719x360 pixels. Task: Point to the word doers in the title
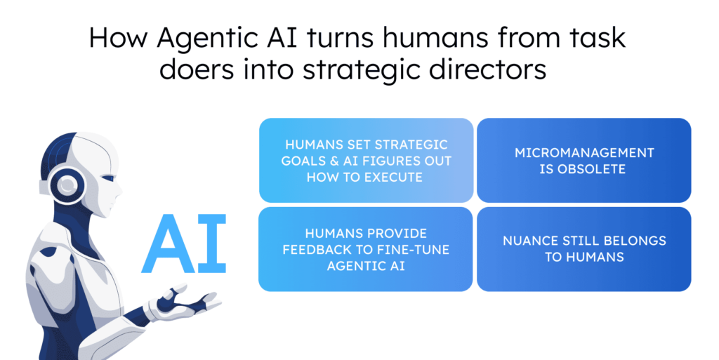(197, 69)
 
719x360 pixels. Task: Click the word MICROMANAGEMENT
(584, 152)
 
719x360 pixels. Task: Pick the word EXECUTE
(393, 178)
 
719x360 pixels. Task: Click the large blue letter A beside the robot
(169, 244)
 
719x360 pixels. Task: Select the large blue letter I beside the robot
(213, 244)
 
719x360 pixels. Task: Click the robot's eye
(109, 178)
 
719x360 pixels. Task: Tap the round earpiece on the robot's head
(67, 185)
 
